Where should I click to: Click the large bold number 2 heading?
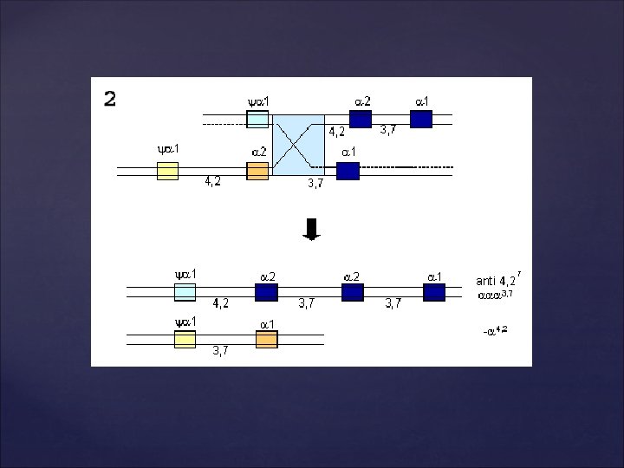[110, 99]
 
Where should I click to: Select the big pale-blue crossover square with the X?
[298, 144]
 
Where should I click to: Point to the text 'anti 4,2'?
[497, 280]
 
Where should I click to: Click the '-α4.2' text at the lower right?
[495, 330]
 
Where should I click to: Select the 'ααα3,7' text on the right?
[495, 296]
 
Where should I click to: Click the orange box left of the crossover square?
[257, 171]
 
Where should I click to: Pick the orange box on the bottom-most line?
[266, 339]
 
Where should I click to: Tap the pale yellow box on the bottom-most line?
[185, 339]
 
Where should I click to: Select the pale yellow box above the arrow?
[167, 171]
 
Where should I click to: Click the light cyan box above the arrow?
[257, 120]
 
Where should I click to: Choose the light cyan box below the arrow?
[185, 292]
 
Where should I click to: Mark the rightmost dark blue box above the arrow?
[421, 120]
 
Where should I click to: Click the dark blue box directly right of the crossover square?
[348, 171]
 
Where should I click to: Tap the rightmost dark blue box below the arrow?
[434, 292]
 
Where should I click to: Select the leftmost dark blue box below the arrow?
[266, 292]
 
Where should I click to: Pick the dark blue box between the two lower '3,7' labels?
[353, 292]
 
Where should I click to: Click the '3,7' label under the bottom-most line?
[221, 351]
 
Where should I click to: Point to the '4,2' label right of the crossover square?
[336, 133]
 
